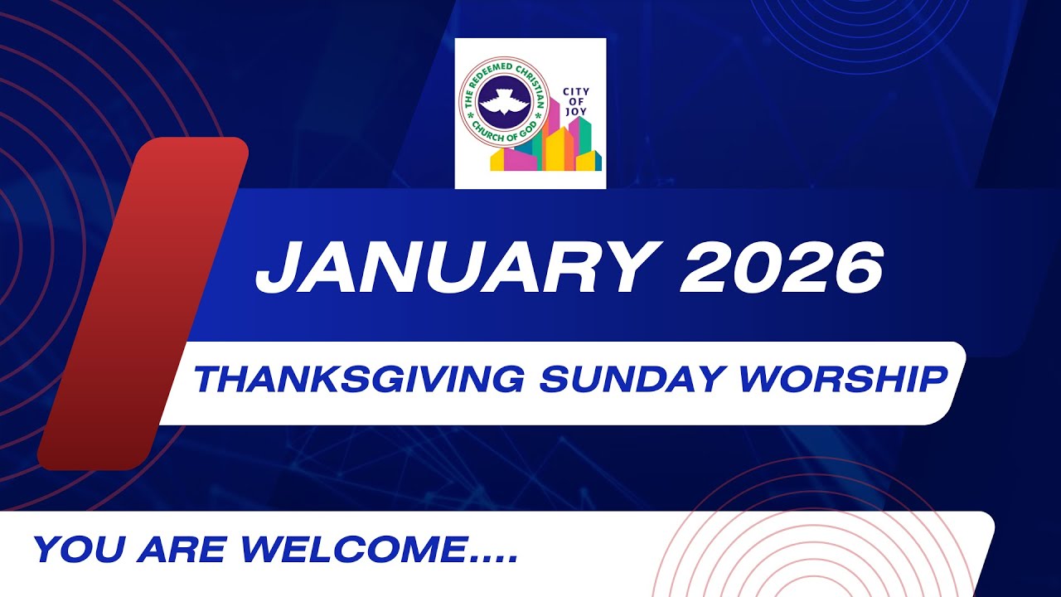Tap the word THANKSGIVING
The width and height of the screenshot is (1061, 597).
358,381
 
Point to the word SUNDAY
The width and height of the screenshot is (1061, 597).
630,381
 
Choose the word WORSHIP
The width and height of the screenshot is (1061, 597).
843,381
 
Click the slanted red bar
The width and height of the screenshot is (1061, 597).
143,303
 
